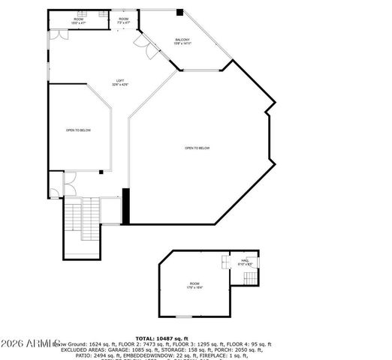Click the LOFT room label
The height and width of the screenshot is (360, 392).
pos(119,79)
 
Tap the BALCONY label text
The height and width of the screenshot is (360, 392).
pos(182,39)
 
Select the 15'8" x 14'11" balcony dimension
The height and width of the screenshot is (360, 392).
pos(182,43)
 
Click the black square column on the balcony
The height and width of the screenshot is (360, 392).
pos(179,12)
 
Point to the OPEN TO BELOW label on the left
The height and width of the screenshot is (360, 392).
pos(78,130)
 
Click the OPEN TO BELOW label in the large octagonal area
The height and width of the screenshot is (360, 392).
pos(198,148)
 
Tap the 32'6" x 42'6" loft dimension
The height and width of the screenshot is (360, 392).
pos(119,84)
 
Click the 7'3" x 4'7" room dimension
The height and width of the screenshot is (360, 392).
pos(123,23)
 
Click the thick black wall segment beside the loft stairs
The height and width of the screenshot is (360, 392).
pos(126,206)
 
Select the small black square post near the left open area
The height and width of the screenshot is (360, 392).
pos(101,172)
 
